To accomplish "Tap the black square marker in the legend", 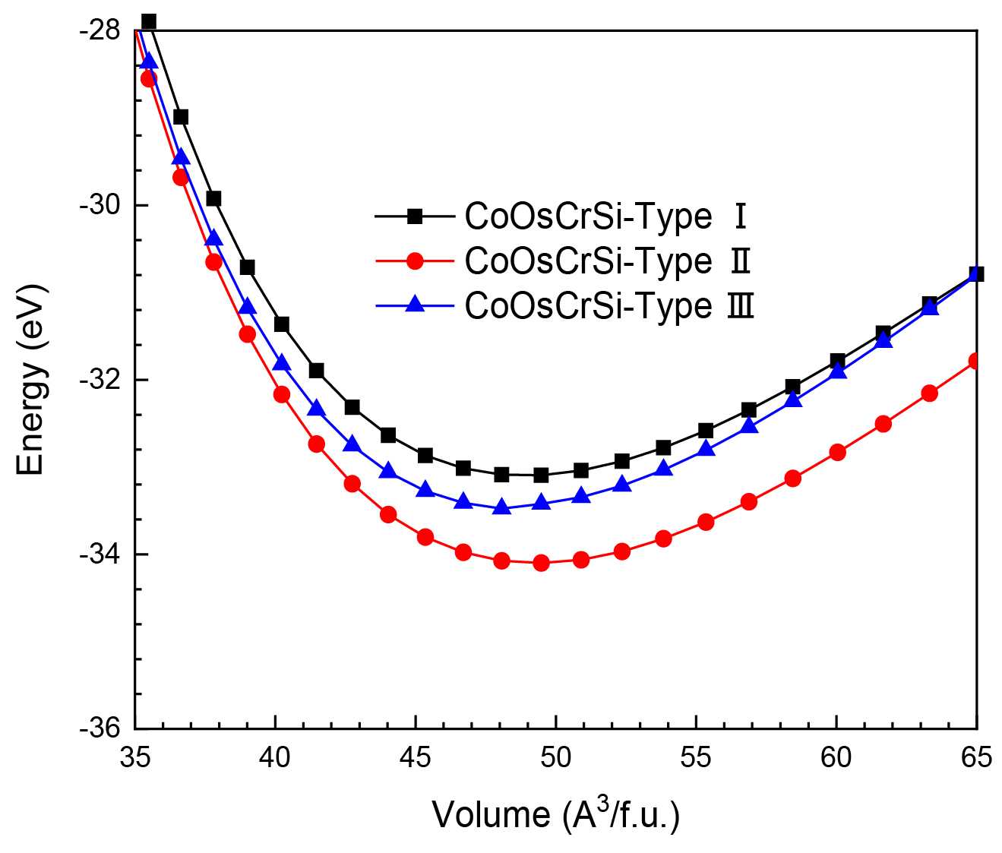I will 414,217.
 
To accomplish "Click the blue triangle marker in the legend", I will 414,305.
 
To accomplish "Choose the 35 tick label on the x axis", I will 135,758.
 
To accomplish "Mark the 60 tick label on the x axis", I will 836,758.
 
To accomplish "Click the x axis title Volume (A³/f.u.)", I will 555,814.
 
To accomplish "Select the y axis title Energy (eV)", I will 32,380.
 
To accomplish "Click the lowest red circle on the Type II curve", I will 541,563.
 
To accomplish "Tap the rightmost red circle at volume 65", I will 975,362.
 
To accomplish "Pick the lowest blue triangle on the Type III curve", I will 501,507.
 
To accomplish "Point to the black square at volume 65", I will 976,274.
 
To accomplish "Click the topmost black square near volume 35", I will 149,21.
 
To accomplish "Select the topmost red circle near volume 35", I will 149,79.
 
